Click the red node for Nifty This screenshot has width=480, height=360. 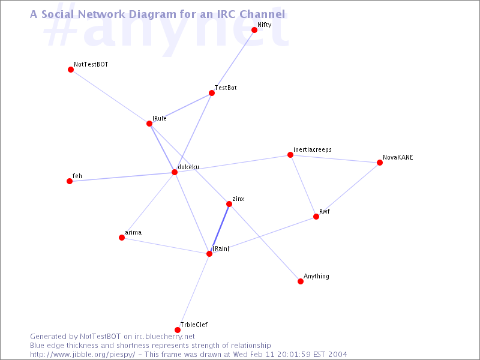[x=254, y=29]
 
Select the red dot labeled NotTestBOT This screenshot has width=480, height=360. [x=71, y=70]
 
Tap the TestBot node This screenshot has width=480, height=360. [x=212, y=93]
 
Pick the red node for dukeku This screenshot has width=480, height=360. [x=175, y=172]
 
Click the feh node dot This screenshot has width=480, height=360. [x=70, y=181]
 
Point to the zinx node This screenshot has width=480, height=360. [x=229, y=204]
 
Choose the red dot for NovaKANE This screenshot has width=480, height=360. [x=380, y=163]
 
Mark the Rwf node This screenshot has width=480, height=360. [x=316, y=217]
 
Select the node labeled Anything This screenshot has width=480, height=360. [x=301, y=281]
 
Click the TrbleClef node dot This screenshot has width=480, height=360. [x=178, y=329]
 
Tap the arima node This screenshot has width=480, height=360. [x=122, y=238]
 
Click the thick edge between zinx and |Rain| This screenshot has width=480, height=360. [x=219, y=229]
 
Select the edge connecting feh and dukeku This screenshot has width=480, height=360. [x=122, y=176]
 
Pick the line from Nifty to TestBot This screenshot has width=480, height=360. [x=233, y=61]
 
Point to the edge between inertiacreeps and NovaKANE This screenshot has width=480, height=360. [x=335, y=158]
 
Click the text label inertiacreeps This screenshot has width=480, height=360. [x=312, y=149]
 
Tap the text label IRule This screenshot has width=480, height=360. [x=160, y=118]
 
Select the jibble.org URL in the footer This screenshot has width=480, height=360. [x=82, y=355]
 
